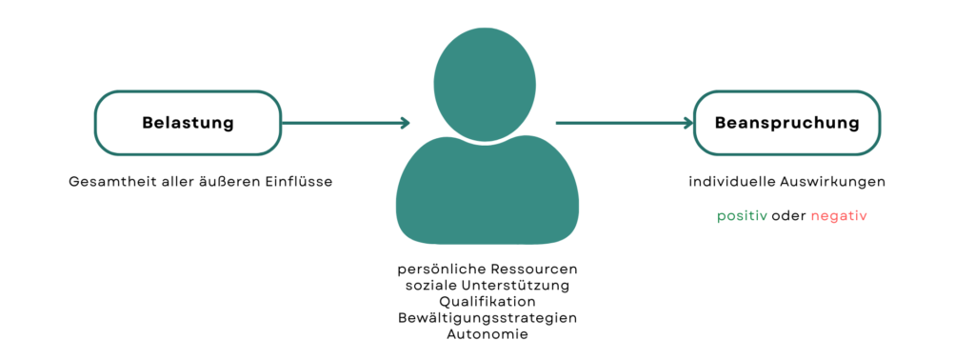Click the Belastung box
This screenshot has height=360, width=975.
(188, 123)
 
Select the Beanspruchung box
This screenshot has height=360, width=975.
(786, 123)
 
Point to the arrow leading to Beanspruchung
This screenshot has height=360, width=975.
(624, 123)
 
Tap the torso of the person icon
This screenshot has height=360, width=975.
(487, 190)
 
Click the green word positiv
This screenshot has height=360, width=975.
(742, 216)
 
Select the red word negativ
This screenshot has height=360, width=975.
(839, 216)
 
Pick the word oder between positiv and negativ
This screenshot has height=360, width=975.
(789, 216)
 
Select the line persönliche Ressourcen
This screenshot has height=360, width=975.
(487, 270)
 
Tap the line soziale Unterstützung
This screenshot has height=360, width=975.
(487, 286)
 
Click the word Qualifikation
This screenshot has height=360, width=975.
(487, 302)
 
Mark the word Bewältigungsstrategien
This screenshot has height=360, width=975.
(487, 317)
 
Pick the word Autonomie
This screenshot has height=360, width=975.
(487, 333)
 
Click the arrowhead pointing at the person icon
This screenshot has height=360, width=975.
(405, 123)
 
